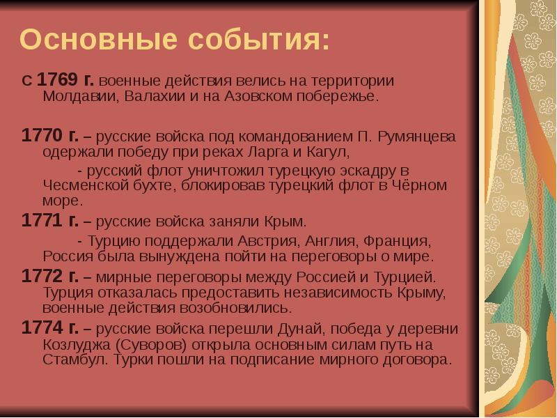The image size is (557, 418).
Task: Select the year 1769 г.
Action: coord(60,81)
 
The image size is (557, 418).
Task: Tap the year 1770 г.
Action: coord(49,134)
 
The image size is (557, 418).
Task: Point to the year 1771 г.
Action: coord(49,222)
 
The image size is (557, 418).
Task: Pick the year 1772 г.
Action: coord(49,276)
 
